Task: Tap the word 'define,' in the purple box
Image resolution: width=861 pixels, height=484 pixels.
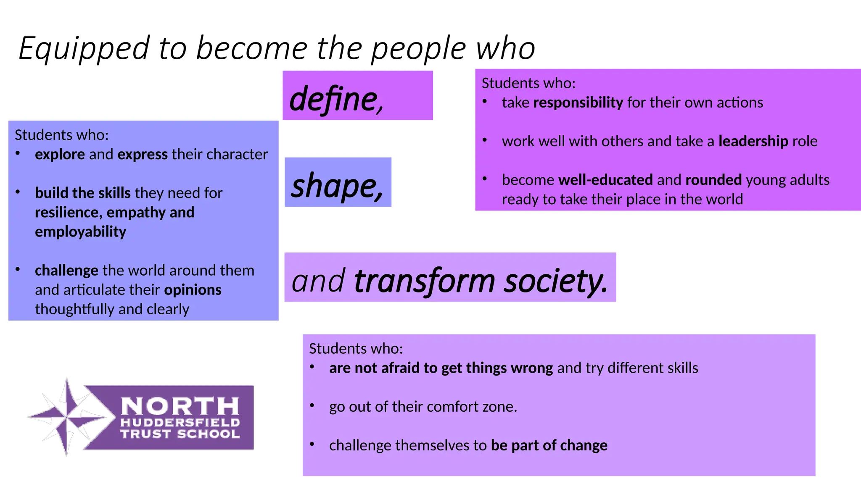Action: (x=337, y=99)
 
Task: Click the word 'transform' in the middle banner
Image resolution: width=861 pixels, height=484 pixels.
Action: (x=425, y=281)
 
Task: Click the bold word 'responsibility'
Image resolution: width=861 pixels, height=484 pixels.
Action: (x=578, y=103)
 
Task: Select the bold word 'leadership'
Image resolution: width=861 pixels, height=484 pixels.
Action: (x=753, y=141)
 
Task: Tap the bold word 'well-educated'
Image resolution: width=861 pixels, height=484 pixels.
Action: (x=605, y=180)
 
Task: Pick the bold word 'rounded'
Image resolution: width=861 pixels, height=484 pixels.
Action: (x=713, y=180)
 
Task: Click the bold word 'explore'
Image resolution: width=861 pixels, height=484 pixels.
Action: (x=60, y=155)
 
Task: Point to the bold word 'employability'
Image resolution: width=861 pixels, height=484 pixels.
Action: (x=80, y=232)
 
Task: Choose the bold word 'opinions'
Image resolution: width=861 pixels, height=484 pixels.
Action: (x=193, y=290)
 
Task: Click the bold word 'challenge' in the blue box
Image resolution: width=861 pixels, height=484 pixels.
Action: (x=66, y=271)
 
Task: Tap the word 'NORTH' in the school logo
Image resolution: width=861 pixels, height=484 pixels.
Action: (x=180, y=406)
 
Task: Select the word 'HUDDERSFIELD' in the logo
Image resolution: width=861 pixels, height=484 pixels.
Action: (x=180, y=423)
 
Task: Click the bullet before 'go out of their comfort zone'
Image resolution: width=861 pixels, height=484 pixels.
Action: (x=312, y=406)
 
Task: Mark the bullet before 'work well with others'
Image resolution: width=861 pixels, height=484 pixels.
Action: (x=485, y=140)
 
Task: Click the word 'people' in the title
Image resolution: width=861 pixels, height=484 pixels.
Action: (x=419, y=49)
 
